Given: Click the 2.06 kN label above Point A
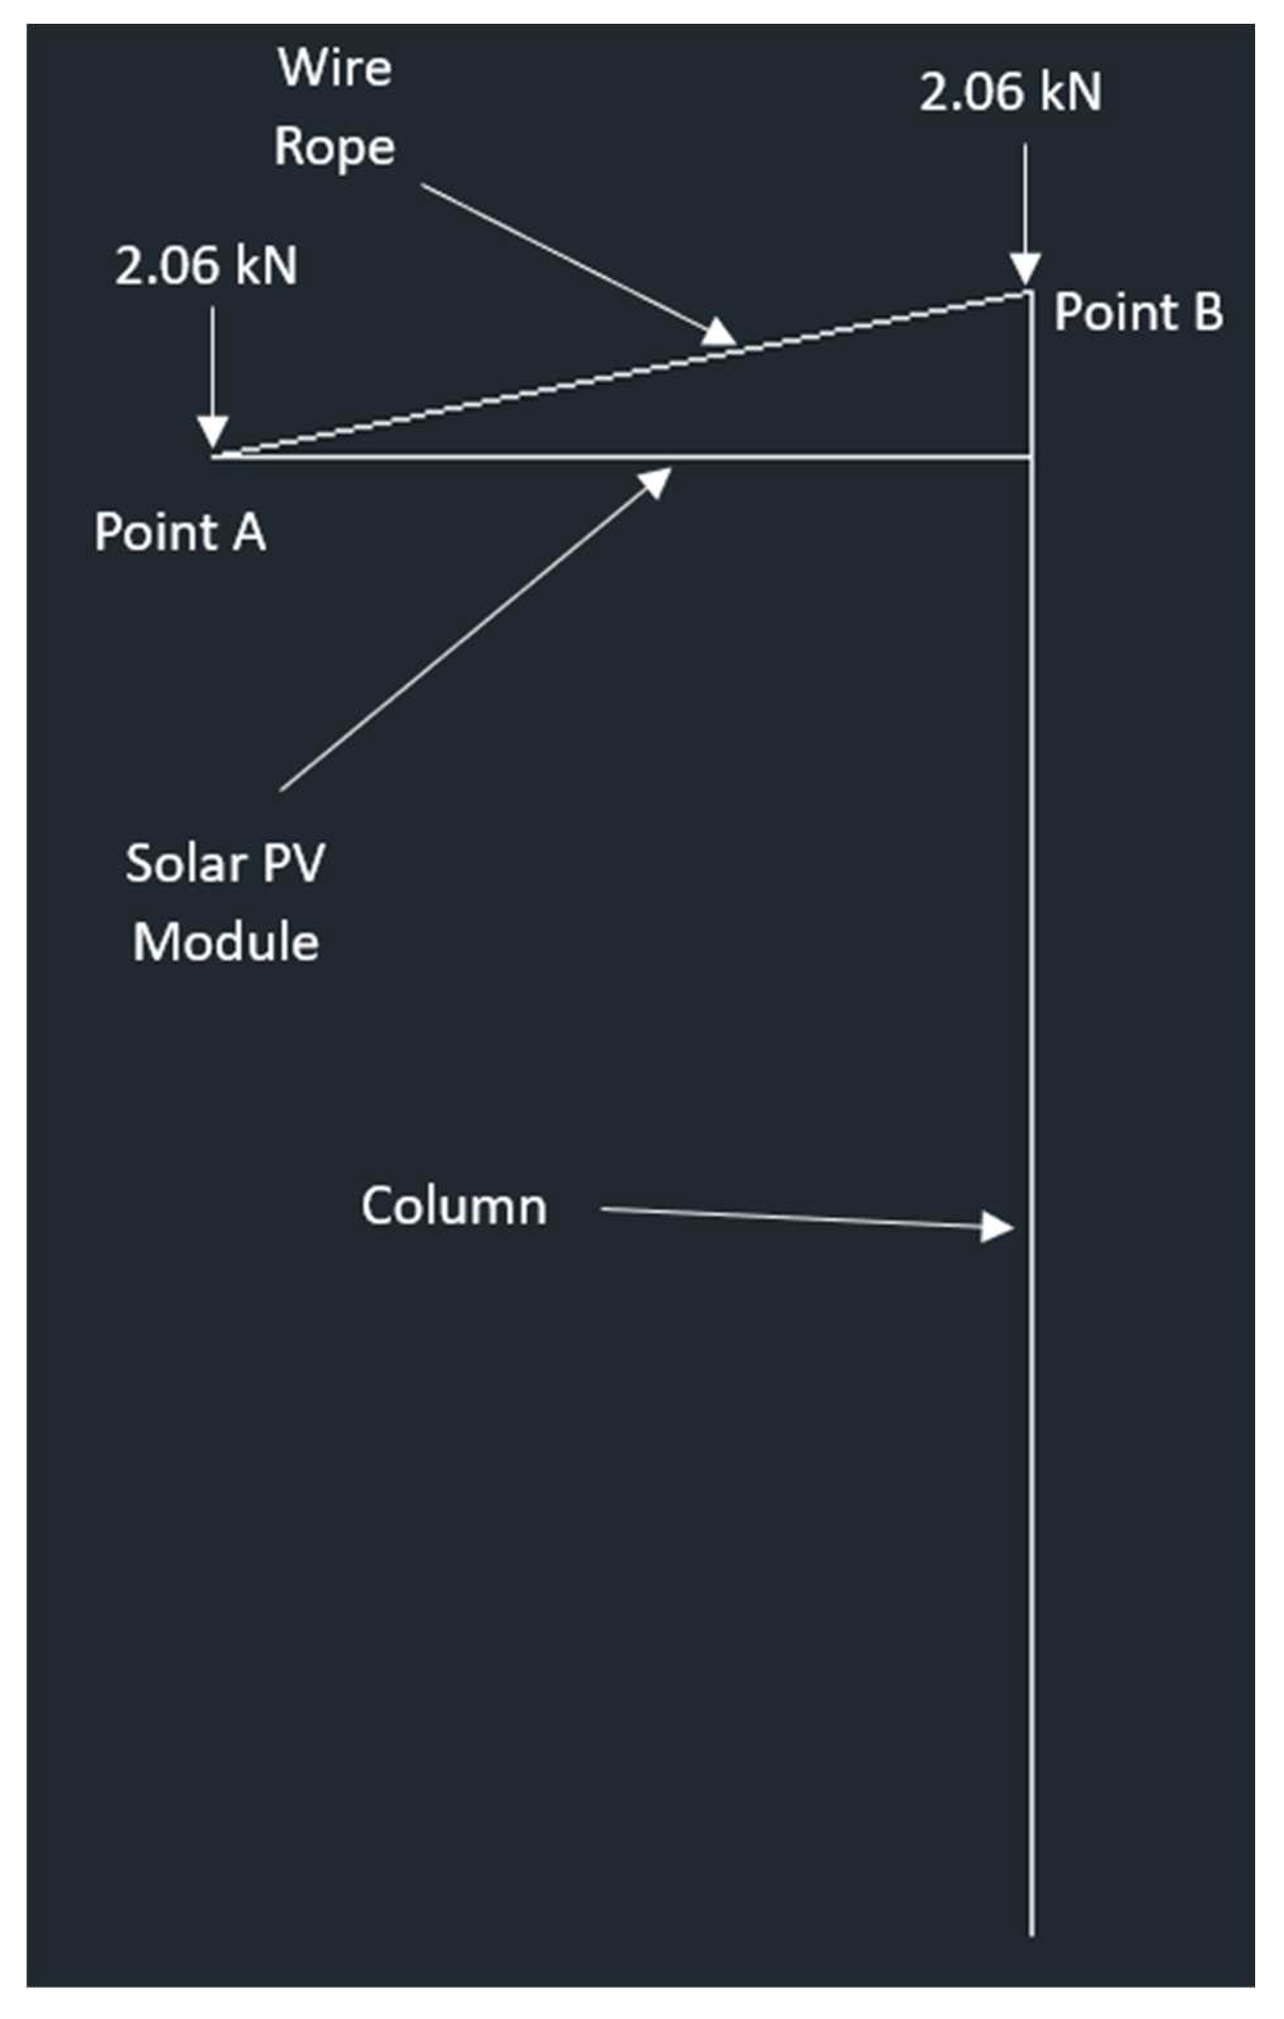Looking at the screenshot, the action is (206, 266).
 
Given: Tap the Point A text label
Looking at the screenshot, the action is (180, 532).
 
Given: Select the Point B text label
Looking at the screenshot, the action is (1138, 312).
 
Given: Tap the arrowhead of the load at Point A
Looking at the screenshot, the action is (213, 433).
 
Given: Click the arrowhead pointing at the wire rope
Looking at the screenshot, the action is (719, 334).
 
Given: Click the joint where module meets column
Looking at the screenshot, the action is (1032, 458).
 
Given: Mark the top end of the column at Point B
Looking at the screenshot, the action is (1030, 293).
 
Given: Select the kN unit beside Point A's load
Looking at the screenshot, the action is (266, 266).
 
